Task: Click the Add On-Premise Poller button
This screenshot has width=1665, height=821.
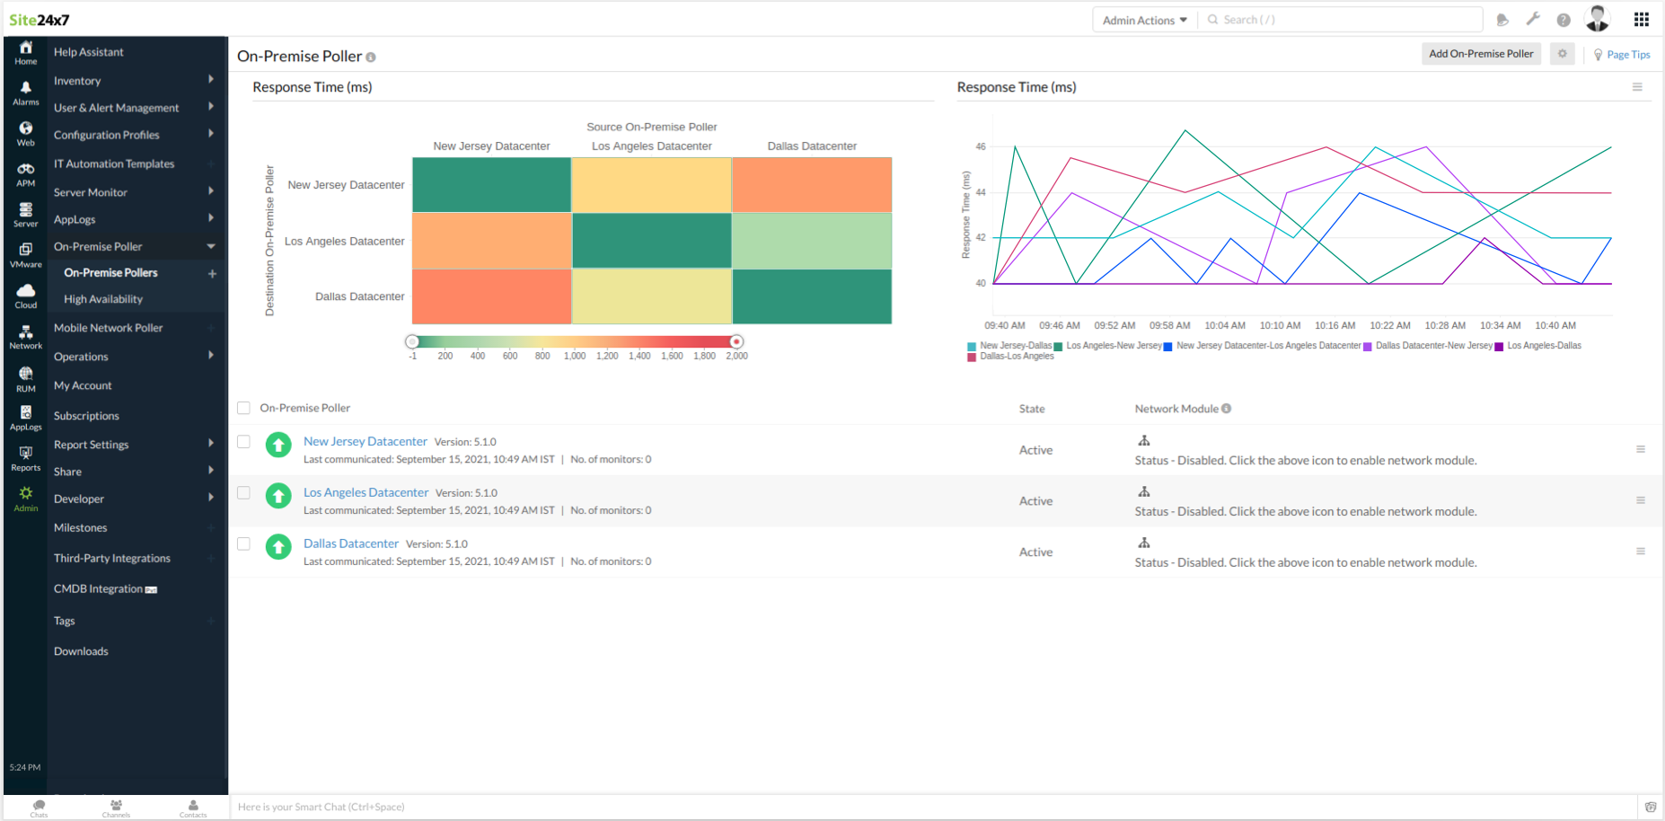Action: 1481,54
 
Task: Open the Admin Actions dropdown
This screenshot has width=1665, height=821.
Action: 1144,20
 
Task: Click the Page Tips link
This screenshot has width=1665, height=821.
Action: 1627,55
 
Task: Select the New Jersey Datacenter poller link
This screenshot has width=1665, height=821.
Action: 365,441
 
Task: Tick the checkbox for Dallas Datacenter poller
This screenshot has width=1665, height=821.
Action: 243,543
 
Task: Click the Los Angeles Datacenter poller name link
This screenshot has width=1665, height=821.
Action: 366,492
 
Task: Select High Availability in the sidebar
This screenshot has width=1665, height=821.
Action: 103,299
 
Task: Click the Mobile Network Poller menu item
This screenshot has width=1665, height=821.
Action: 108,328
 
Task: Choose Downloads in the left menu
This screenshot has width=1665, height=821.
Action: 81,651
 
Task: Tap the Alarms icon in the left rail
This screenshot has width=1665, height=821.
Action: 25,92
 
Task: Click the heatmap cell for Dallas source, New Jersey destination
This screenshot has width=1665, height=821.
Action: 812,185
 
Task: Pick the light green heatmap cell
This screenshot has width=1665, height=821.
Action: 812,241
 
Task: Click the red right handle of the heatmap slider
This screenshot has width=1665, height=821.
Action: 736,341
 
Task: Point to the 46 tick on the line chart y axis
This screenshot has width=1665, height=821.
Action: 981,146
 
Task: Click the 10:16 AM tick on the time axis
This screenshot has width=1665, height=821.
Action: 1335,325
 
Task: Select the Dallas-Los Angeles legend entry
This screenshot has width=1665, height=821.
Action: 1016,357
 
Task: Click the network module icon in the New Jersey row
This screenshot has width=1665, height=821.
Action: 1144,440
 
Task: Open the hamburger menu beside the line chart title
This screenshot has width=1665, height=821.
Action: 1636,87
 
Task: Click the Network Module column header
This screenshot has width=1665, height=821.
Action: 1176,409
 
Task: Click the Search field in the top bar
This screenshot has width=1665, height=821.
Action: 1343,20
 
